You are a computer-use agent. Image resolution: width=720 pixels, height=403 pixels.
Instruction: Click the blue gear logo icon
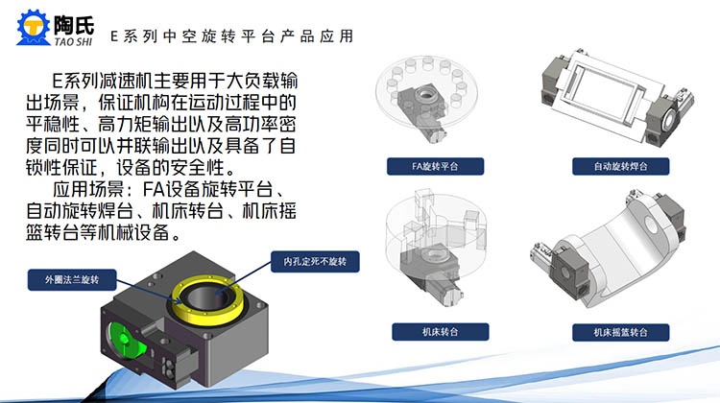tap(33, 28)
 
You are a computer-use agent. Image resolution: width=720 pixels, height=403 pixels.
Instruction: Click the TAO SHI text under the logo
tap(73, 41)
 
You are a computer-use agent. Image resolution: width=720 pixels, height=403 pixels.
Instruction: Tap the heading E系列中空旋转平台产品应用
tap(232, 36)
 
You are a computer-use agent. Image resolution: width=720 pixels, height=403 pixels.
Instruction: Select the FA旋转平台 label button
tap(435, 166)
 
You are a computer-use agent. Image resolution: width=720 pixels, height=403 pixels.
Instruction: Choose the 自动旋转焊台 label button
tap(620, 166)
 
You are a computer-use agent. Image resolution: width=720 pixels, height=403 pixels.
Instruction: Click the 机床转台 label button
tap(441, 332)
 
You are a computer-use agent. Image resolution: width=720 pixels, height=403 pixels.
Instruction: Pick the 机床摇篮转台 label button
tap(620, 332)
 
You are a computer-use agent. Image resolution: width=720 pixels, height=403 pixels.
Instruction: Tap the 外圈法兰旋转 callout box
tap(72, 279)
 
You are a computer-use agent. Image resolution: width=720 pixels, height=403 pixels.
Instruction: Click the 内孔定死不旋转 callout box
tap(315, 262)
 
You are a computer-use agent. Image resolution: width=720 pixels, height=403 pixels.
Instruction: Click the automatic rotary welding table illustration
tap(616, 97)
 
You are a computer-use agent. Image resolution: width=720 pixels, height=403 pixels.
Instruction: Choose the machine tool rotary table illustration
tap(435, 248)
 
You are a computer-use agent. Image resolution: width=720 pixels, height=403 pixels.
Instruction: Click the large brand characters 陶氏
tap(74, 25)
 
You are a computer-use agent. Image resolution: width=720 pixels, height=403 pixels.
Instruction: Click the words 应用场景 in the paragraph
tap(87, 190)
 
